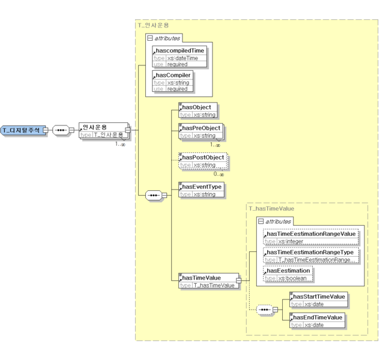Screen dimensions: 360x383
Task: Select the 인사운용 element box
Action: pos(101,130)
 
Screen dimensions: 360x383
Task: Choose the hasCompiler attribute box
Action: pos(173,82)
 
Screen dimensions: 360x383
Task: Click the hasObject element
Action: pos(198,110)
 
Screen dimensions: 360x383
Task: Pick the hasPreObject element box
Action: pos(201,131)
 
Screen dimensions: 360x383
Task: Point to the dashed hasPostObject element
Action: pos(203,161)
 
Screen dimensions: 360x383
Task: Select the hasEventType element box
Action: pos(202,190)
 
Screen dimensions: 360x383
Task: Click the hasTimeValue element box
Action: pos(208,281)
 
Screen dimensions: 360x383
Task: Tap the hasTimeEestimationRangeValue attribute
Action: pos(311,237)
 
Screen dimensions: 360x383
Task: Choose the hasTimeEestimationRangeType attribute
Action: pos(311,256)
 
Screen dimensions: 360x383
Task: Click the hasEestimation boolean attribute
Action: pos(288,274)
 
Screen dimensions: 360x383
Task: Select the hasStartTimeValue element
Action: pos(319,299)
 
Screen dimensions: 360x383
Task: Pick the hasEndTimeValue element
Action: pos(318,320)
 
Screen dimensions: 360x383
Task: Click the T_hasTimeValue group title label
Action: pos(271,208)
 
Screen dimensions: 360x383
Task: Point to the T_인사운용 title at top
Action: pos(154,25)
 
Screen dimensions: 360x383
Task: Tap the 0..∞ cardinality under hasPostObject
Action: pos(219,174)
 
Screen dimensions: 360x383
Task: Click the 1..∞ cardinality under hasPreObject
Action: pos(214,145)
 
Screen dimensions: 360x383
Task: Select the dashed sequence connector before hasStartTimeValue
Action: pos(265,310)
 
